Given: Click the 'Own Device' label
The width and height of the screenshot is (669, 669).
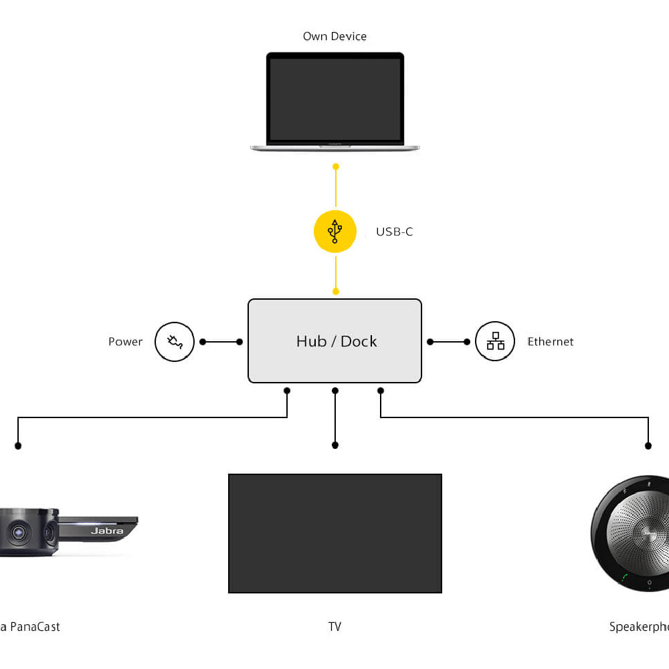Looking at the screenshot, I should click(334, 36).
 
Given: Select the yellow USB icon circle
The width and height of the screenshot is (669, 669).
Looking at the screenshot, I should click(335, 231).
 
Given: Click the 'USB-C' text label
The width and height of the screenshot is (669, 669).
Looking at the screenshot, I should click(394, 232).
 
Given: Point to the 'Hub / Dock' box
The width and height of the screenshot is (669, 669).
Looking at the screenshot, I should click(335, 341).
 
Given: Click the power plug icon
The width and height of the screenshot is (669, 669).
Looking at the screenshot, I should click(175, 342).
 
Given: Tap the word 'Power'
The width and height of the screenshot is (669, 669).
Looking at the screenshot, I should click(126, 342).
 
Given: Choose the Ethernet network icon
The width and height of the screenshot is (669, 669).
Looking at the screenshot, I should click(495, 342).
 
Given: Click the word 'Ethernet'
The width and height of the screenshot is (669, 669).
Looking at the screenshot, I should click(551, 342).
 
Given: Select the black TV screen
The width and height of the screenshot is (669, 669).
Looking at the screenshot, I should click(335, 533).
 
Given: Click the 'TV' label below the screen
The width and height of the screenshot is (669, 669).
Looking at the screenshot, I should click(334, 627).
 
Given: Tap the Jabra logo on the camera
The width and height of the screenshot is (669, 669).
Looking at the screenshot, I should click(107, 531).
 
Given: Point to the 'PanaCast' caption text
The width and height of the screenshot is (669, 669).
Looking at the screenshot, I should click(33, 627).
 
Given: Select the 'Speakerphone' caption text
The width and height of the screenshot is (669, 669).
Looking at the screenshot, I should click(639, 627).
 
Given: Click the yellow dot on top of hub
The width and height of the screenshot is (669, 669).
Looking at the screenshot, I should click(336, 292).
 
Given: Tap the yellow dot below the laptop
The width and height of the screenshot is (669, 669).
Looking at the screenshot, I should click(336, 166).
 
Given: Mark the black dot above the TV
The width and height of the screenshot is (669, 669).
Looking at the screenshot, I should click(335, 445).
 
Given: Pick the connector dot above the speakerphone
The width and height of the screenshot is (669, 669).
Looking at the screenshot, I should click(648, 446).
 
